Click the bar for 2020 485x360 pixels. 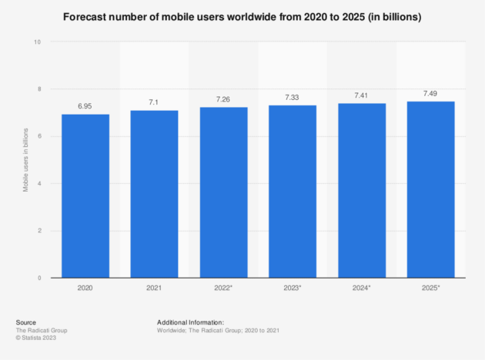[85, 196]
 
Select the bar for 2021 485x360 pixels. [154, 194]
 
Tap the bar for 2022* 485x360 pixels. [223, 192]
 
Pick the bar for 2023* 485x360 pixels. [292, 192]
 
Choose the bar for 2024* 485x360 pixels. [361, 191]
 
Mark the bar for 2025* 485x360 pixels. [430, 190]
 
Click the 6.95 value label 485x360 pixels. [85, 107]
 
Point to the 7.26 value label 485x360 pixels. [223, 100]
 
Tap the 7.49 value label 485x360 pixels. [430, 94]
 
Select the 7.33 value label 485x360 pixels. [292, 98]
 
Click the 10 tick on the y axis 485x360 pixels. [38, 42]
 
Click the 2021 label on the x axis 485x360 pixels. [154, 288]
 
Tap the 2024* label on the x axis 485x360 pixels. [362, 288]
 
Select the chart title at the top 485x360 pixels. [242, 17]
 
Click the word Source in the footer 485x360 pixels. [25, 322]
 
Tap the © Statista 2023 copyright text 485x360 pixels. [36, 338]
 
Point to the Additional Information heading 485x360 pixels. [190, 322]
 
